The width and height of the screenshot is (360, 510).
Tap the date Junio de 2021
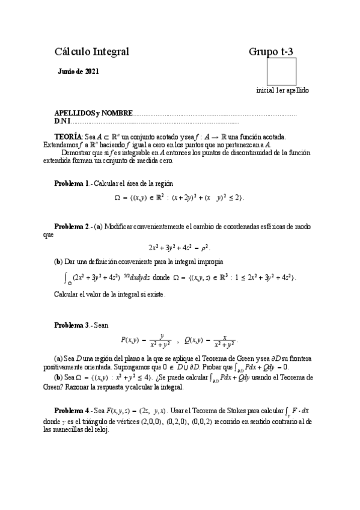(79, 72)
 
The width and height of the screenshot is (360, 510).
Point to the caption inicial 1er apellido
(282, 90)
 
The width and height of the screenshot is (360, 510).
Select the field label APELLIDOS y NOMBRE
(92, 113)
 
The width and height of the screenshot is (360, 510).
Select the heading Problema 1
(72, 183)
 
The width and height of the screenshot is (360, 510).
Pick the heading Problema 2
(72, 226)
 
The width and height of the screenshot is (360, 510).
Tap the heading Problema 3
(72, 325)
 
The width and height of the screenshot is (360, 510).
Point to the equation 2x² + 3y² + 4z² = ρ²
(179, 247)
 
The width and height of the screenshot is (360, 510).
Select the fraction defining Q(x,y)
(225, 340)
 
